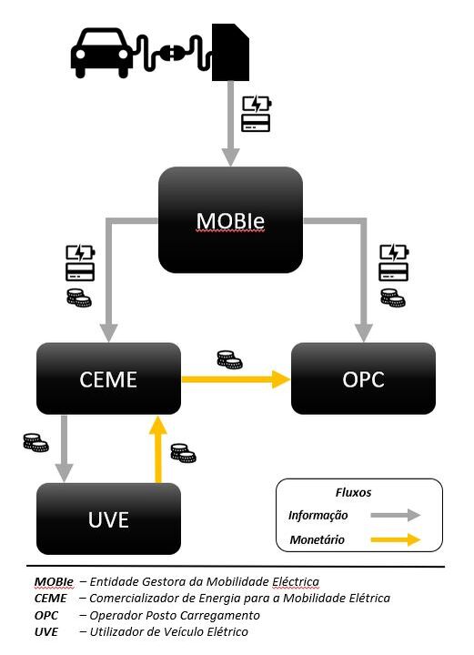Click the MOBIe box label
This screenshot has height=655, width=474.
click(230, 220)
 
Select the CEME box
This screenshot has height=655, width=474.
click(108, 378)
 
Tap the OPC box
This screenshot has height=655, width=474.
click(363, 378)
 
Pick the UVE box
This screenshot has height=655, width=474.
click(108, 519)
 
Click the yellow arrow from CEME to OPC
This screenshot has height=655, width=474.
click(236, 379)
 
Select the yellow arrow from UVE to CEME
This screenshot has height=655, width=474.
click(158, 449)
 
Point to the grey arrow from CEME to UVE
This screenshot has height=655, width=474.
click(64, 448)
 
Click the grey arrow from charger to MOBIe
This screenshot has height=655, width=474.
click(230, 124)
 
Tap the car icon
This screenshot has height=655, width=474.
click(102, 53)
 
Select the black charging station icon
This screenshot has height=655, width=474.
click(230, 52)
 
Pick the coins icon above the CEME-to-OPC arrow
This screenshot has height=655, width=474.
click(229, 359)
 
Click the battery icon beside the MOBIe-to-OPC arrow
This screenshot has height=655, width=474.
click(394, 253)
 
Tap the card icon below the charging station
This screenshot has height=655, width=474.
click(256, 123)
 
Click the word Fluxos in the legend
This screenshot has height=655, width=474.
click(353, 492)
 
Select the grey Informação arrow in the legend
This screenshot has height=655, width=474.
click(396, 515)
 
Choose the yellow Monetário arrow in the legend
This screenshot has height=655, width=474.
click(396, 539)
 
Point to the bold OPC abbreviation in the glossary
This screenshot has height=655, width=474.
click(45, 616)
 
